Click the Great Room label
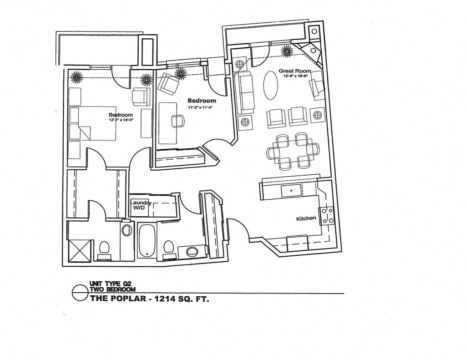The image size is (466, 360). (294, 71)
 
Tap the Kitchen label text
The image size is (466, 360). (306, 218)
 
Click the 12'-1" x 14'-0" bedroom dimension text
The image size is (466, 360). (121, 121)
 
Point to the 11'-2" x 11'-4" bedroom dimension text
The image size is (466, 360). (201, 107)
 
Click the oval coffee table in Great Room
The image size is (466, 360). (271, 85)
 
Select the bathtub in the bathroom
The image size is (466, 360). (147, 240)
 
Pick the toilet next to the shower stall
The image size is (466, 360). (104, 249)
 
